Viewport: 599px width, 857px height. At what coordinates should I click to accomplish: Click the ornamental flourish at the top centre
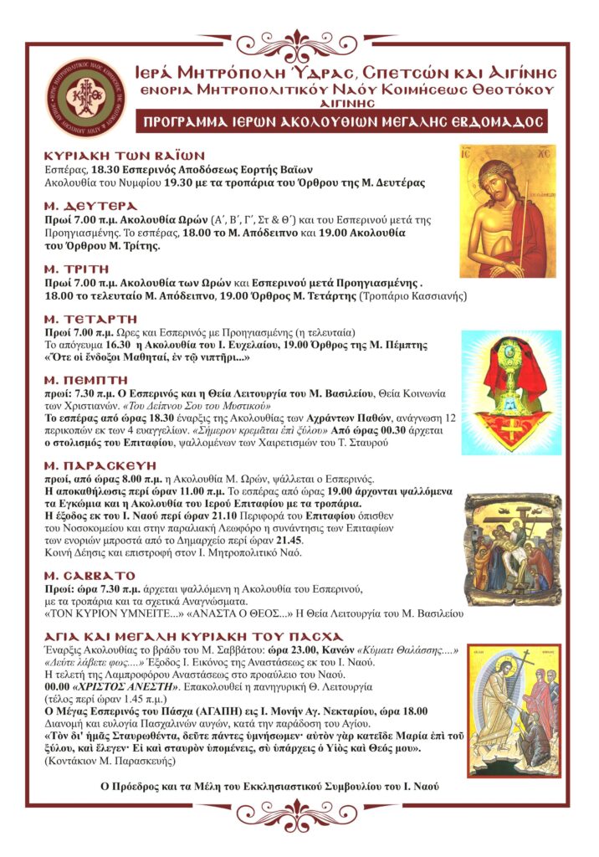(299, 42)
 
